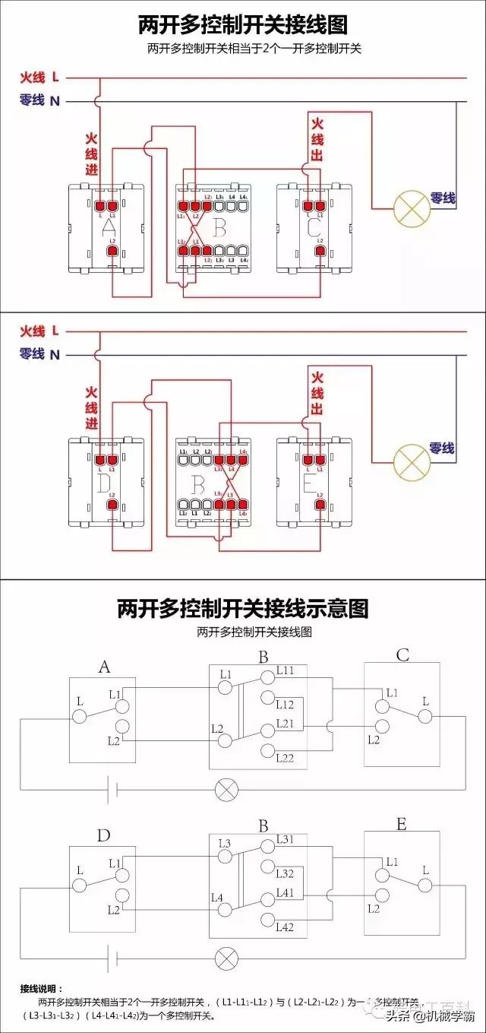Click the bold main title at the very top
point(242,25)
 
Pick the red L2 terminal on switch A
point(112,251)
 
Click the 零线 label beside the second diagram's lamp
point(441,448)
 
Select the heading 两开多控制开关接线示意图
point(242,608)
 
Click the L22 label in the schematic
point(286,758)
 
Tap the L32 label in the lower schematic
point(285,874)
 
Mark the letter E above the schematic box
point(401,824)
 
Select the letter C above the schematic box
point(402,654)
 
